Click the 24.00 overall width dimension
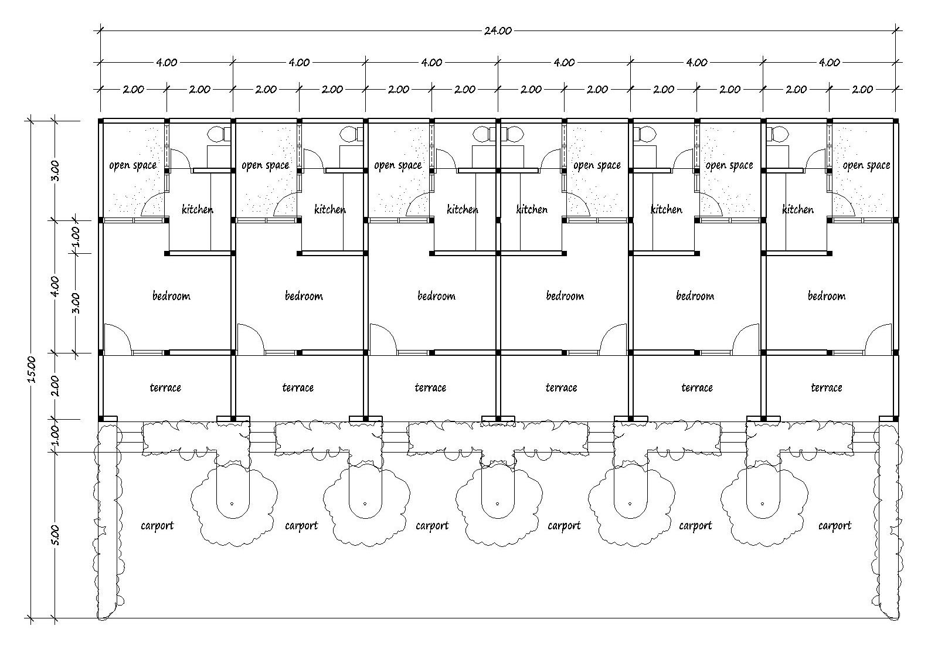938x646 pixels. point(498,30)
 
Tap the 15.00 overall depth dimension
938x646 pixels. point(31,369)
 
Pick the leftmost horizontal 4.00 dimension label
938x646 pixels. point(166,62)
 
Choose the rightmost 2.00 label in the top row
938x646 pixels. point(862,89)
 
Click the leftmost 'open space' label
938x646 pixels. point(132,165)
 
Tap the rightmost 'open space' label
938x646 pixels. point(866,165)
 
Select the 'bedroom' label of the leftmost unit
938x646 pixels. point(171,296)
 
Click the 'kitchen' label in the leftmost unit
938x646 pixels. point(197,209)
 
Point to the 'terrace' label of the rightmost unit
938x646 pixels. point(827,387)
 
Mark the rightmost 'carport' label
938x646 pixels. point(835,526)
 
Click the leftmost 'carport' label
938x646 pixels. point(157,526)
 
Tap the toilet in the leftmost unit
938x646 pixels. point(219,134)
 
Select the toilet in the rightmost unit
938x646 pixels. point(777,134)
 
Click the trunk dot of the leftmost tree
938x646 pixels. point(232,504)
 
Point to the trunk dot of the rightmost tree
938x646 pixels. point(762,504)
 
